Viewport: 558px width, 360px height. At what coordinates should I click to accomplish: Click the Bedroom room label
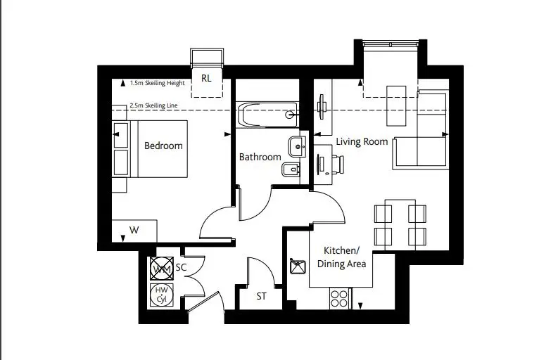(163, 146)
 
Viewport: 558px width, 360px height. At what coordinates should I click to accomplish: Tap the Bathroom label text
(260, 157)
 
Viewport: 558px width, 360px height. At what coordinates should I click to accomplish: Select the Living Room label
(362, 141)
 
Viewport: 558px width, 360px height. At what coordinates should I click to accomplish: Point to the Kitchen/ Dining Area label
(341, 257)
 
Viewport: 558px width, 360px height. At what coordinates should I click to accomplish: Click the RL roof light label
(206, 78)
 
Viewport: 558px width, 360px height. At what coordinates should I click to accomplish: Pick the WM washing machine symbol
(162, 269)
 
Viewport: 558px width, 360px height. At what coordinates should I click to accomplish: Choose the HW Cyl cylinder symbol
(162, 295)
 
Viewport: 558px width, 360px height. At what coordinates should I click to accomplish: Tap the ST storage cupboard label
(261, 296)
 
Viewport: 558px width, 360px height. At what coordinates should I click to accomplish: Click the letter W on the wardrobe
(134, 230)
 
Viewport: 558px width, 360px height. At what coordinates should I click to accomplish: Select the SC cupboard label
(181, 267)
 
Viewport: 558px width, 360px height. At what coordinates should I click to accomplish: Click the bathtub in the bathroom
(267, 115)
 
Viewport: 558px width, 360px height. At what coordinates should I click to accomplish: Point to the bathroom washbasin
(297, 146)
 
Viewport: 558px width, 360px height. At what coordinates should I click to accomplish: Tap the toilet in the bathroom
(291, 170)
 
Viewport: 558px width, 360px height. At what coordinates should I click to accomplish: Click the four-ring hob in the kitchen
(339, 298)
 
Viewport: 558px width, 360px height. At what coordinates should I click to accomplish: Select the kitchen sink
(298, 266)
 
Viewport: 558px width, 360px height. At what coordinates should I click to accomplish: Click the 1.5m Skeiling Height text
(158, 83)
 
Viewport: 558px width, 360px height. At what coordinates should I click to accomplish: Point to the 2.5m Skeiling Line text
(153, 105)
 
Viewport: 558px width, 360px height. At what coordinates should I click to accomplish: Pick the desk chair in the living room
(338, 165)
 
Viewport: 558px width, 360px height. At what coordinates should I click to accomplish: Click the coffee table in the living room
(396, 105)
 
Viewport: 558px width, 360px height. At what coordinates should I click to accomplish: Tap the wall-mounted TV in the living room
(322, 107)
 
